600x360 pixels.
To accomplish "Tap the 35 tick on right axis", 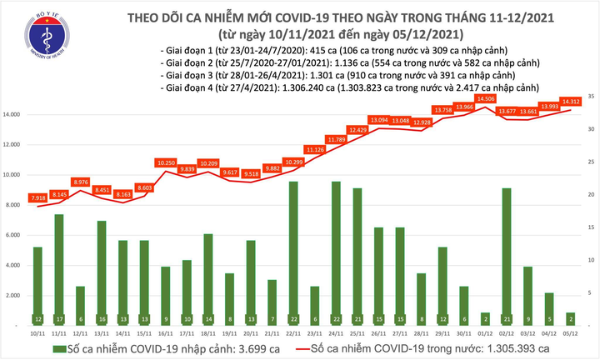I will coord(590,97).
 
